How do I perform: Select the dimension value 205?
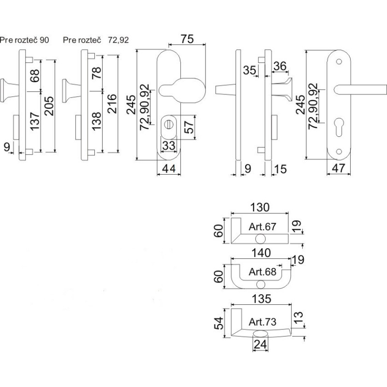point(49,104)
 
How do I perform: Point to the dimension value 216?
point(112,104)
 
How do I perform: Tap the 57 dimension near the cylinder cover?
point(190,126)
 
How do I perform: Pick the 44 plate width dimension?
point(169,169)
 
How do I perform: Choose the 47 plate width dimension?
point(339,169)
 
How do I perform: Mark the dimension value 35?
point(250,70)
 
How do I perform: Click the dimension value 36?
point(280,66)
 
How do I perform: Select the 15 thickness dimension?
point(281,169)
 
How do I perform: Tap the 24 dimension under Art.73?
point(260,345)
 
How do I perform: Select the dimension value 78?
point(96,74)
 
